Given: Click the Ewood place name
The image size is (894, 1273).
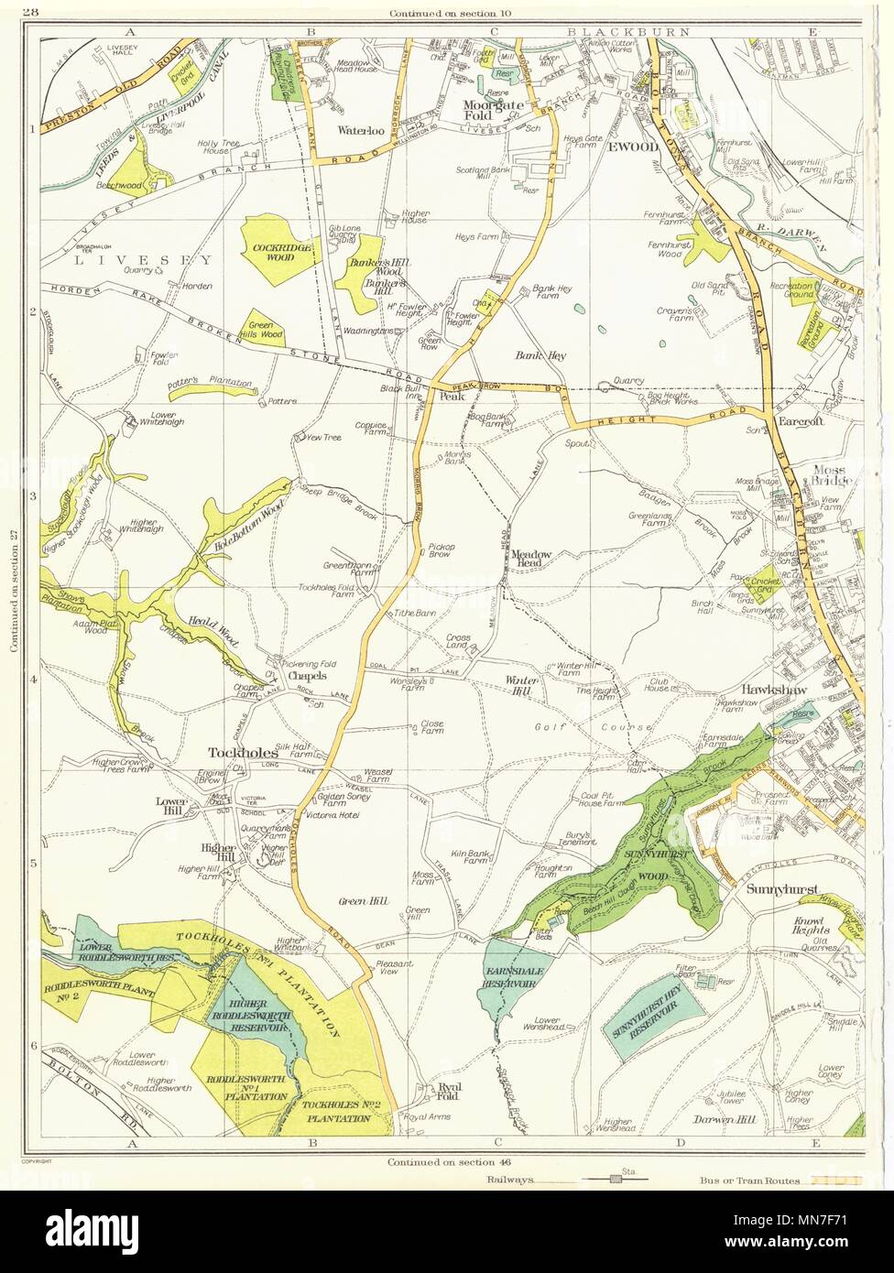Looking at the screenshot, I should click(x=638, y=147).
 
